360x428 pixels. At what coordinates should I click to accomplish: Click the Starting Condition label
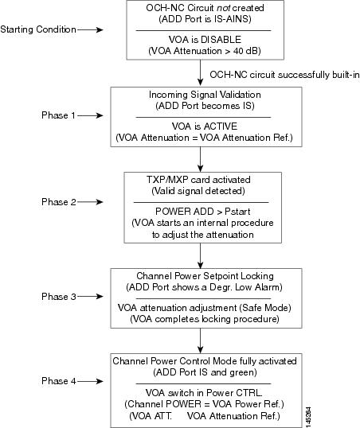38,29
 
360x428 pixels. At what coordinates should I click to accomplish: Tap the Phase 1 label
58,115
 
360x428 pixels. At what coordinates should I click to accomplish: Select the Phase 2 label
58,202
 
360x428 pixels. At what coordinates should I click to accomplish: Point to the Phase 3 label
58,297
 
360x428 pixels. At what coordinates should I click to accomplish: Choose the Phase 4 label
58,381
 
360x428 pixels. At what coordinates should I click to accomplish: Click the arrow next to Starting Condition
90,29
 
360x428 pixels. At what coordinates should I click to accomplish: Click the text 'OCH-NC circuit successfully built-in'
284,75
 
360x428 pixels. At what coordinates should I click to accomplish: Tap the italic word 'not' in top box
223,8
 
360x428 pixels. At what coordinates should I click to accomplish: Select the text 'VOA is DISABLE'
205,40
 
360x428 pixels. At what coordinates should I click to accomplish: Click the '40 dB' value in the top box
245,51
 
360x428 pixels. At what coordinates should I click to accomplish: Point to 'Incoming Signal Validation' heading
205,95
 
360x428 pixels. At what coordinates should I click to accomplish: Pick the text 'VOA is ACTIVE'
205,126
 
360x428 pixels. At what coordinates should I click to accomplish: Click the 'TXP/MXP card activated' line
198,180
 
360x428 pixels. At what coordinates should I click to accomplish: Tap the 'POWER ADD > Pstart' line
202,212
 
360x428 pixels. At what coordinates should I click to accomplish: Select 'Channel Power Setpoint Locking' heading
205,276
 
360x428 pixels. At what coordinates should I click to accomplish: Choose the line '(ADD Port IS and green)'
205,372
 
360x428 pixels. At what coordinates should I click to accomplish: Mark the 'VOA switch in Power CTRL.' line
204,393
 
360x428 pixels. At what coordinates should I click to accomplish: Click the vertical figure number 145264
308,417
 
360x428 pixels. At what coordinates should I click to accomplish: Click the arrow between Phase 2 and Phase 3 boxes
201,255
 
